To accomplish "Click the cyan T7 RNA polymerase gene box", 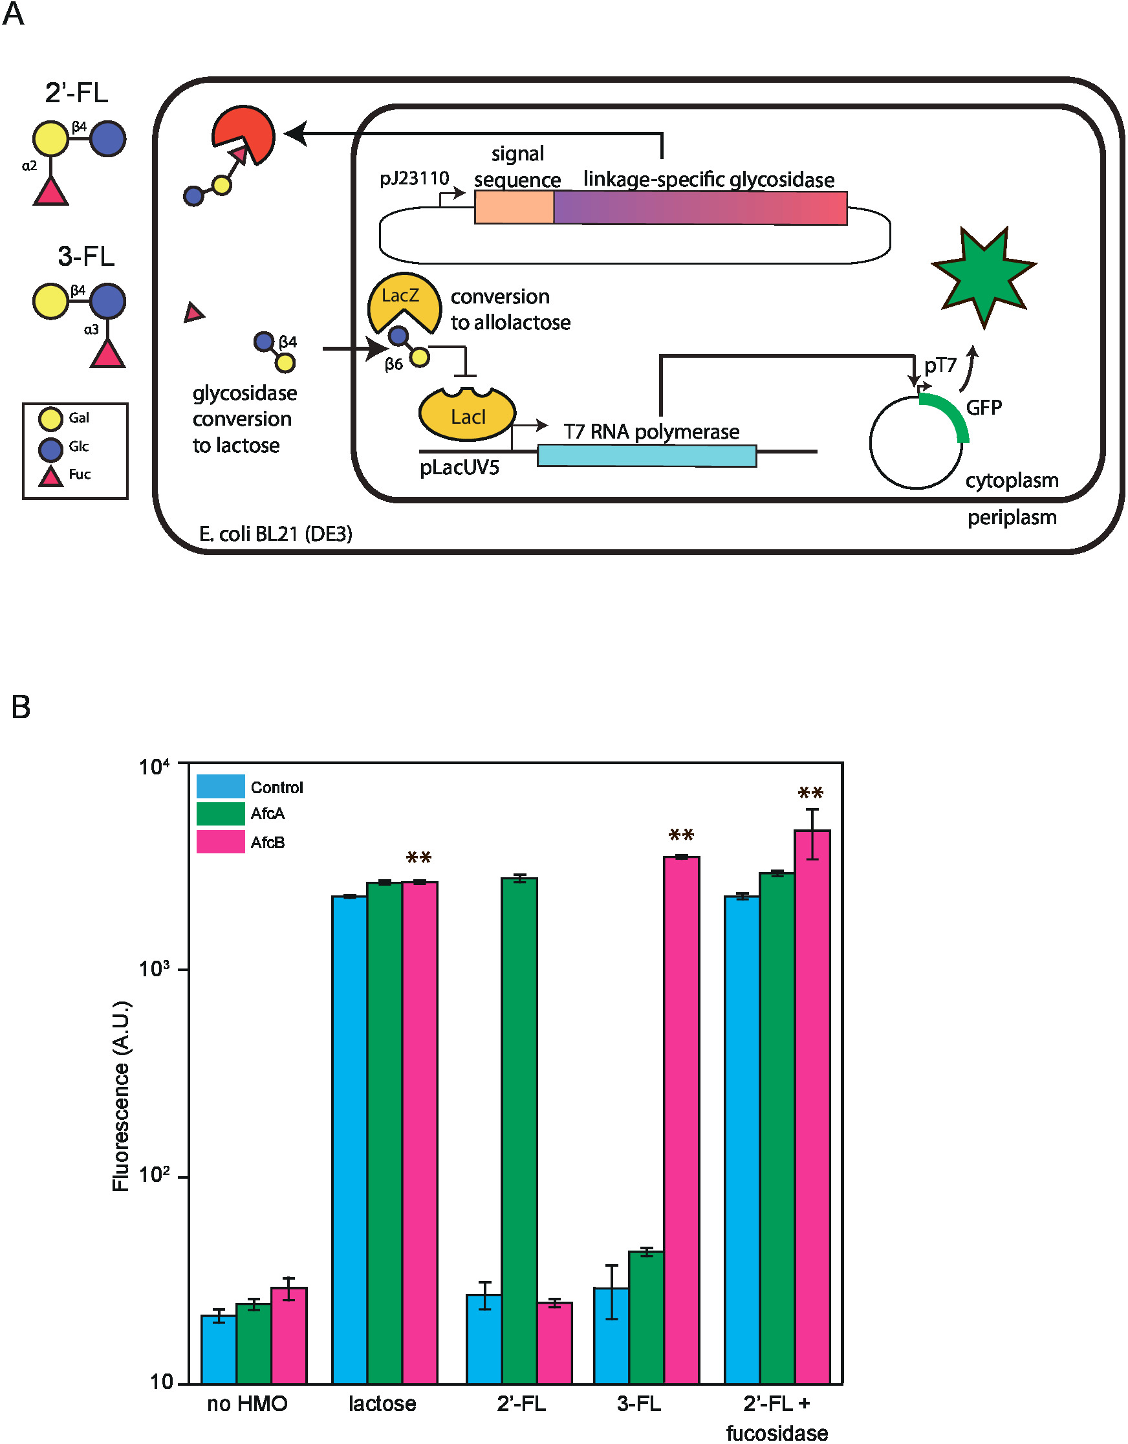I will point(646,455).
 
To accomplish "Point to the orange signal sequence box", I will point(514,208).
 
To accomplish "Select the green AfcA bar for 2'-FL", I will point(519,1131).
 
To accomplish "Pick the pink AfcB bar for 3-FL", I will point(681,1117).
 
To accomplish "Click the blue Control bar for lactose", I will point(349,1137).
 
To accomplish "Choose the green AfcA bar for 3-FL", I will point(646,1316).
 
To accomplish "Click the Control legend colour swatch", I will point(221,786).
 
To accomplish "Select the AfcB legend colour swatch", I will point(221,842).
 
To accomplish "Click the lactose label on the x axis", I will point(382,1403).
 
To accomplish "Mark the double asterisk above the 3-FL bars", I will point(681,835).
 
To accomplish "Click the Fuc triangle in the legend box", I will point(51,476).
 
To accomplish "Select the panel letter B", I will point(21,706).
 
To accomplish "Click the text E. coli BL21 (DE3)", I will point(276,534).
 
